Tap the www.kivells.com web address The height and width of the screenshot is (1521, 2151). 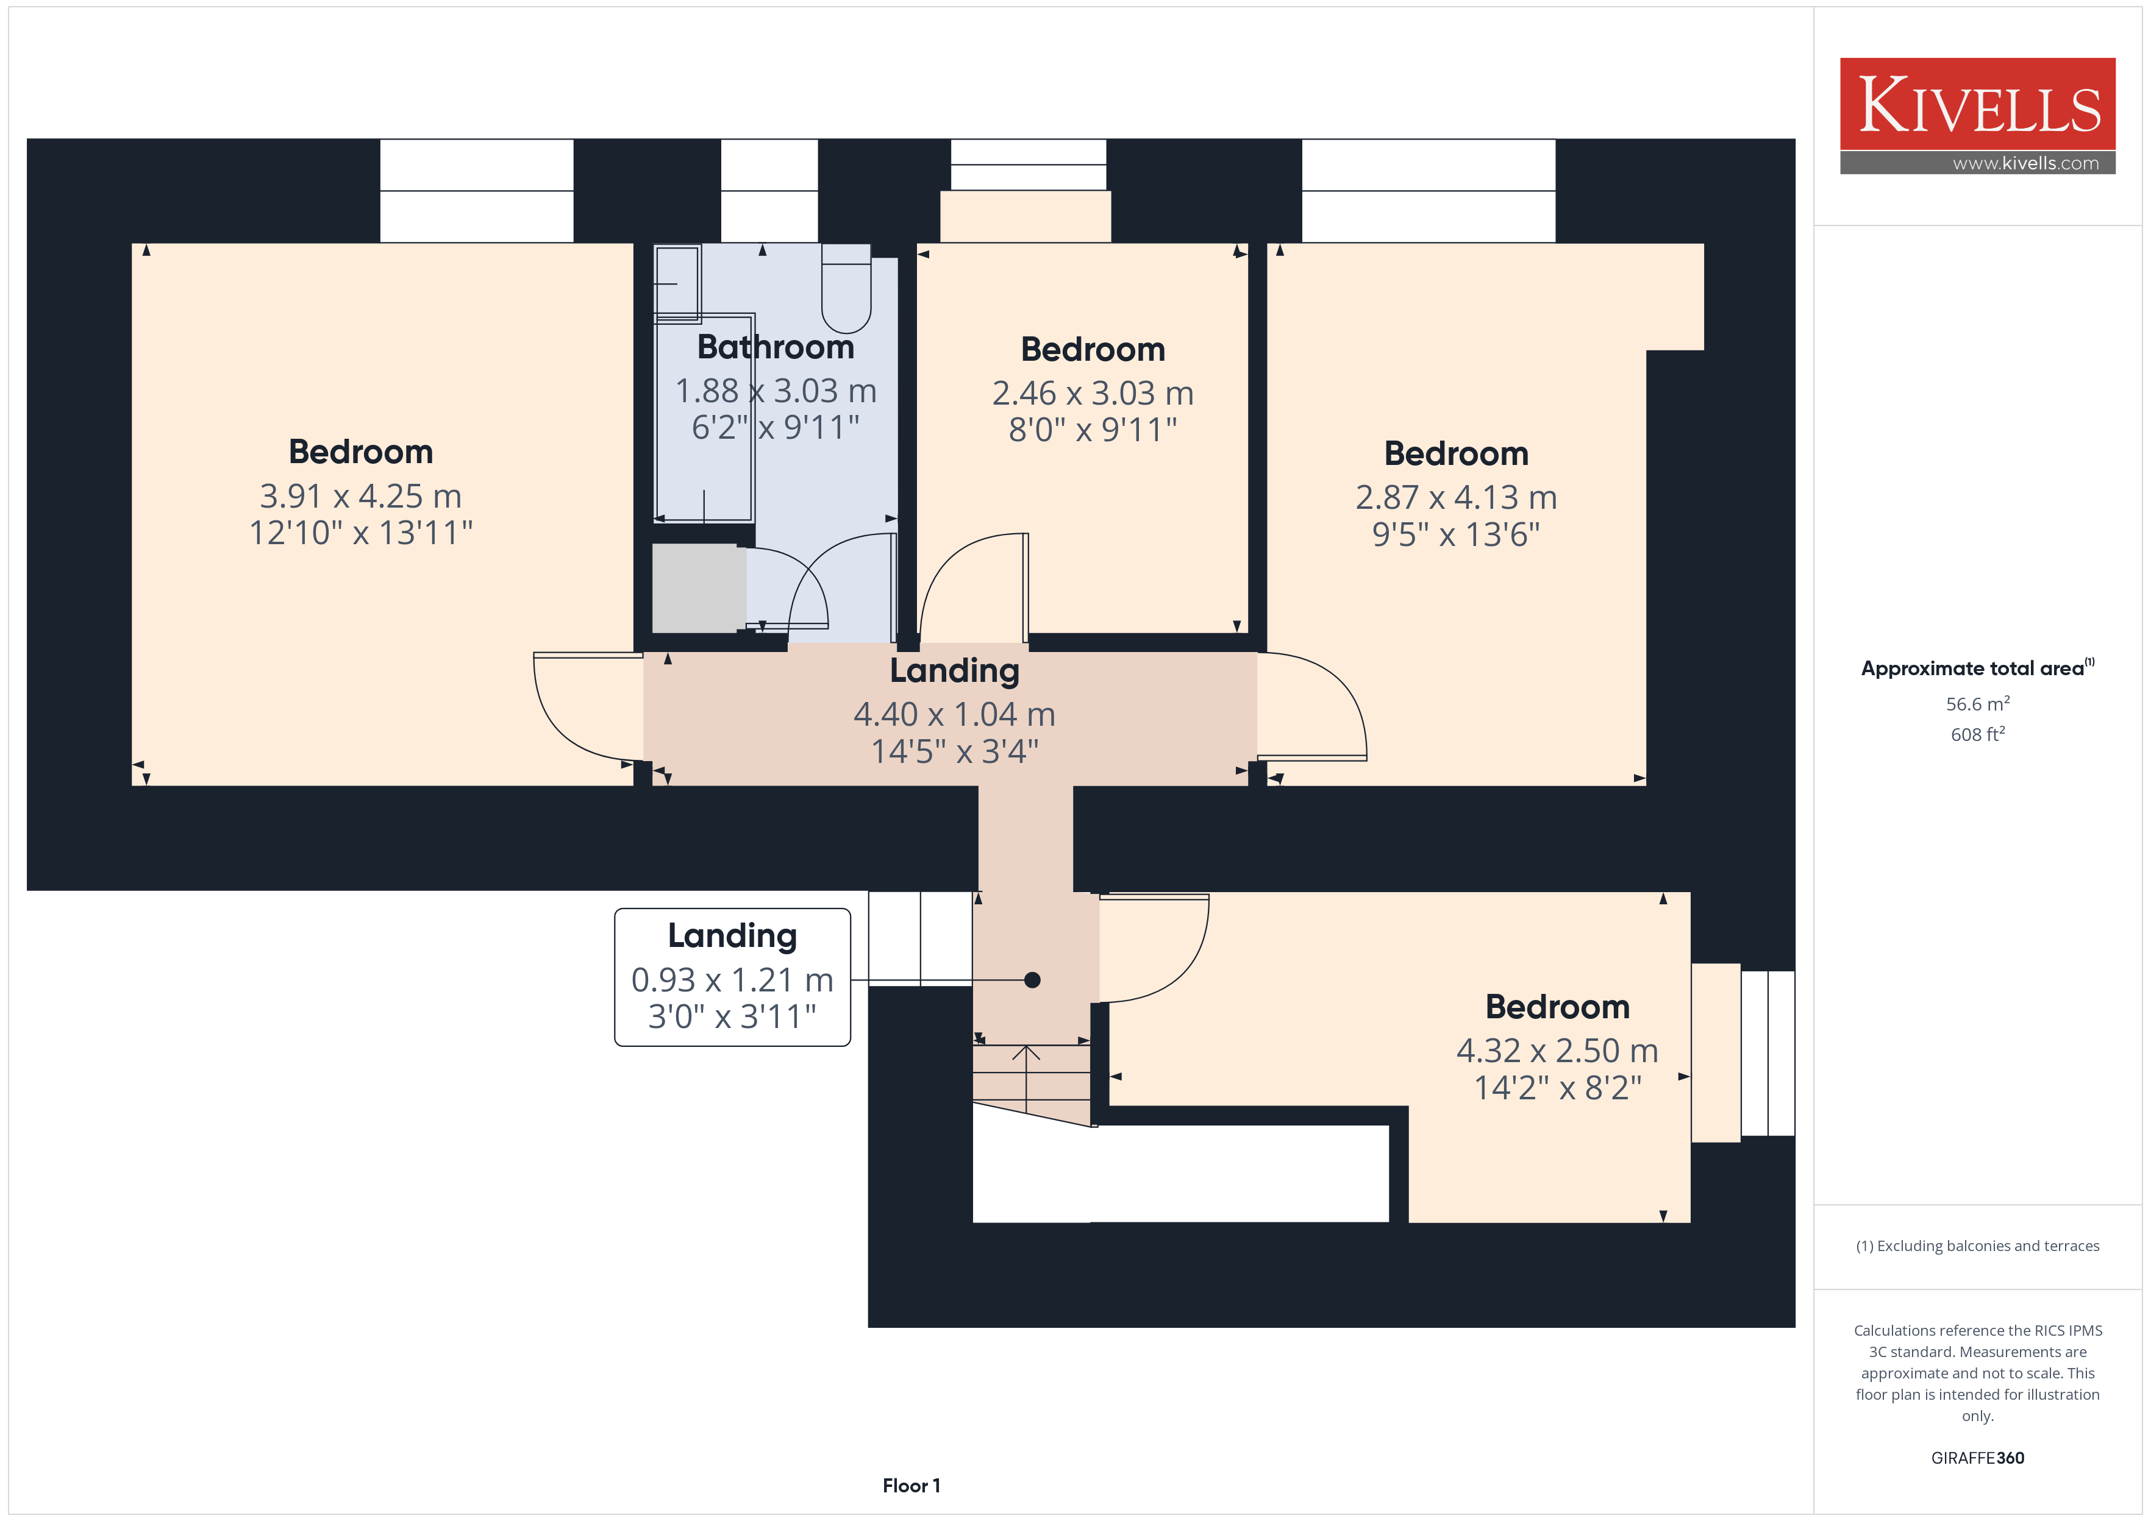coord(2025,163)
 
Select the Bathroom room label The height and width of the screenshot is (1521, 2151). coord(776,347)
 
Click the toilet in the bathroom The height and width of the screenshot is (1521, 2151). coord(846,288)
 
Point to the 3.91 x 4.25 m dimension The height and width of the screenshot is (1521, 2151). coord(361,495)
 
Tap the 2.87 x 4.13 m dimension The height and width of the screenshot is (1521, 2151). coord(1457,497)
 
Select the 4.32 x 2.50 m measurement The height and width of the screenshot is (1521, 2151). coord(1557,1050)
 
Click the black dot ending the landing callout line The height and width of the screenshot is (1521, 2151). coord(1032,980)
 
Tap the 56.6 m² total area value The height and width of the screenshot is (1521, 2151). coord(1978,703)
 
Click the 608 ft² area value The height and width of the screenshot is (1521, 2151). coord(1978,734)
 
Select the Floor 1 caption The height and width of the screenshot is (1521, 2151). coord(911,1486)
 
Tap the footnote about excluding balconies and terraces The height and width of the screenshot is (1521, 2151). coord(1978,1246)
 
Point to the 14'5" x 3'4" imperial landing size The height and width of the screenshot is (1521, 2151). coord(955,751)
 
